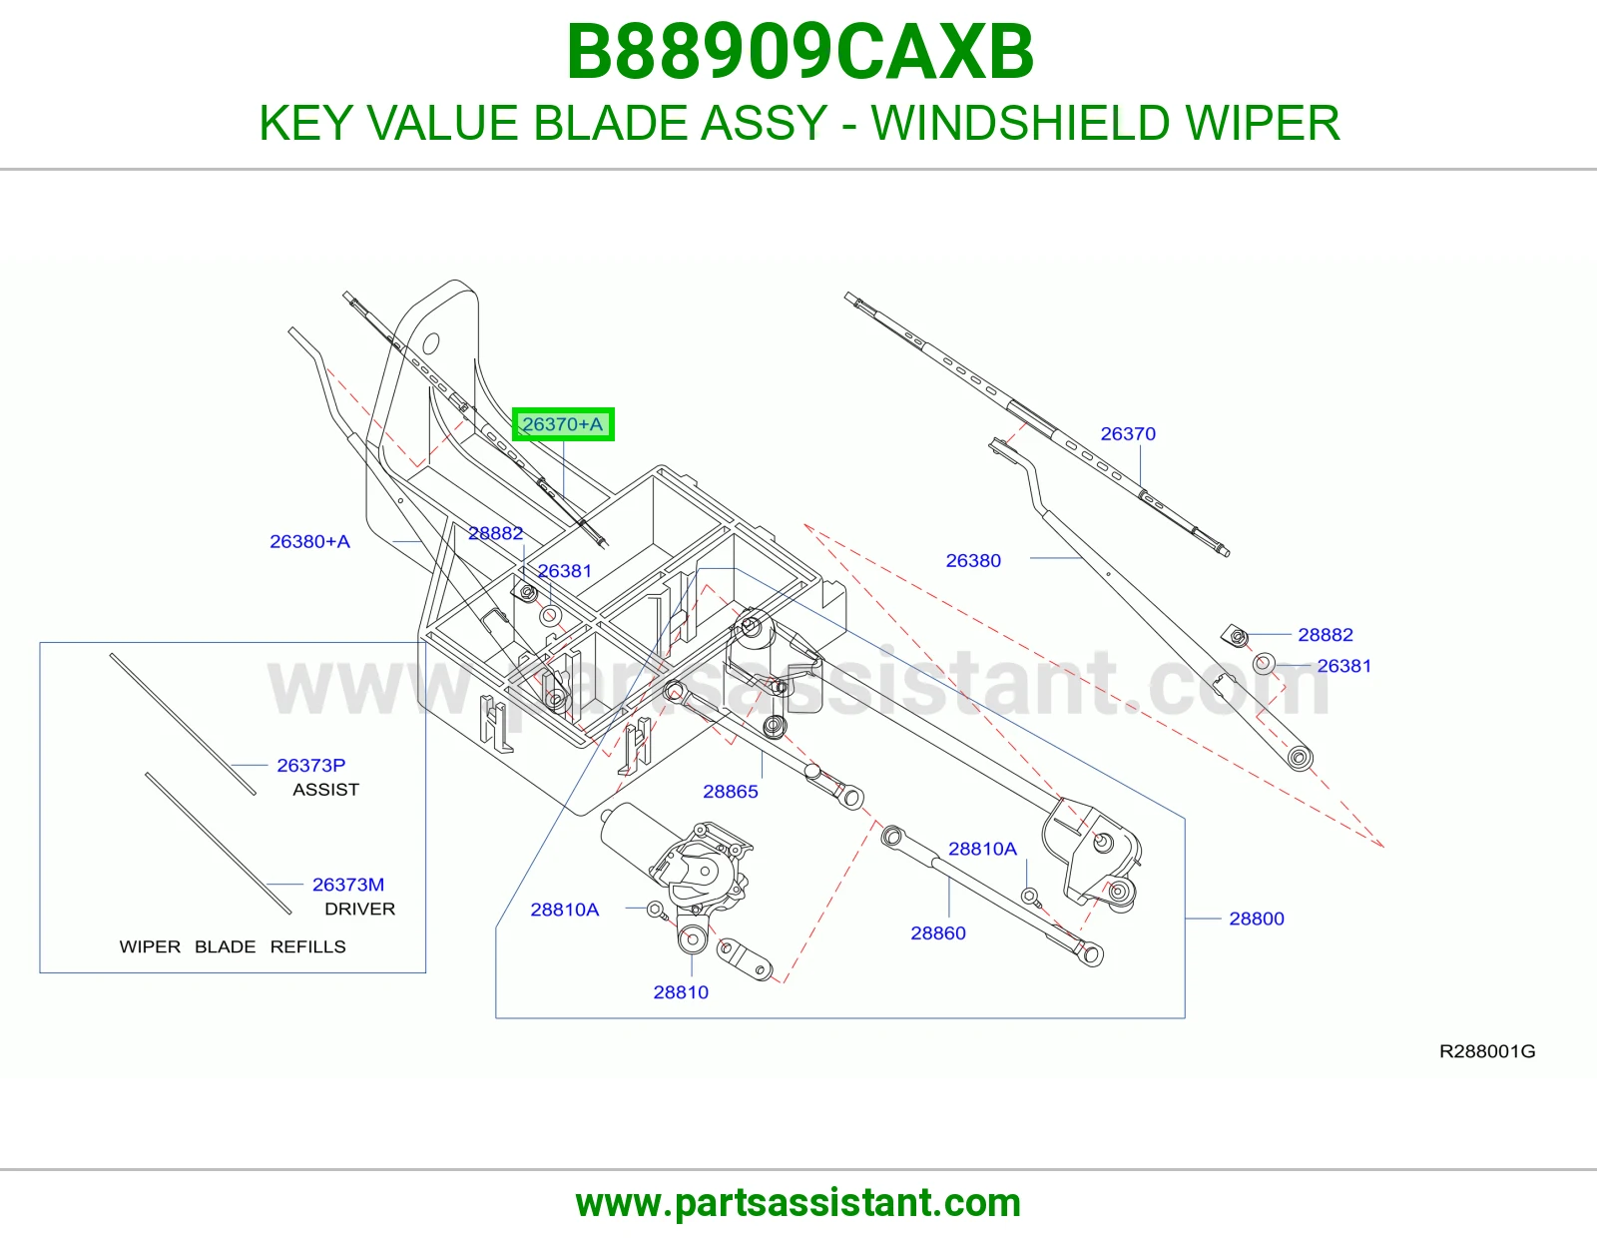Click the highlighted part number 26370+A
pyautogui.click(x=563, y=424)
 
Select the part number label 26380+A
pyautogui.click(x=309, y=542)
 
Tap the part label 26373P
pyautogui.click(x=310, y=766)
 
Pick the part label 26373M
pyautogui.click(x=348, y=885)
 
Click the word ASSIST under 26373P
pyautogui.click(x=325, y=790)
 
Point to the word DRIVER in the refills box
pyautogui.click(x=360, y=909)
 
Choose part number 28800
pyautogui.click(x=1257, y=919)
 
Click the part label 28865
pyautogui.click(x=731, y=792)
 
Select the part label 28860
pyautogui.click(x=938, y=932)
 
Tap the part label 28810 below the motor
pyautogui.click(x=682, y=992)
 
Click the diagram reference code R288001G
pyautogui.click(x=1487, y=1051)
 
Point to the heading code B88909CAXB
pyautogui.click(x=799, y=52)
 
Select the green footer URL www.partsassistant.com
pyautogui.click(x=798, y=1203)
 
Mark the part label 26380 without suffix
pyautogui.click(x=973, y=561)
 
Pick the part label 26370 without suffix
pyautogui.click(x=1128, y=433)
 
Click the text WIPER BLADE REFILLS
pyautogui.click(x=233, y=946)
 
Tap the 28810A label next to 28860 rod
pyautogui.click(x=982, y=849)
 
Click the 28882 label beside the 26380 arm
pyautogui.click(x=1326, y=634)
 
